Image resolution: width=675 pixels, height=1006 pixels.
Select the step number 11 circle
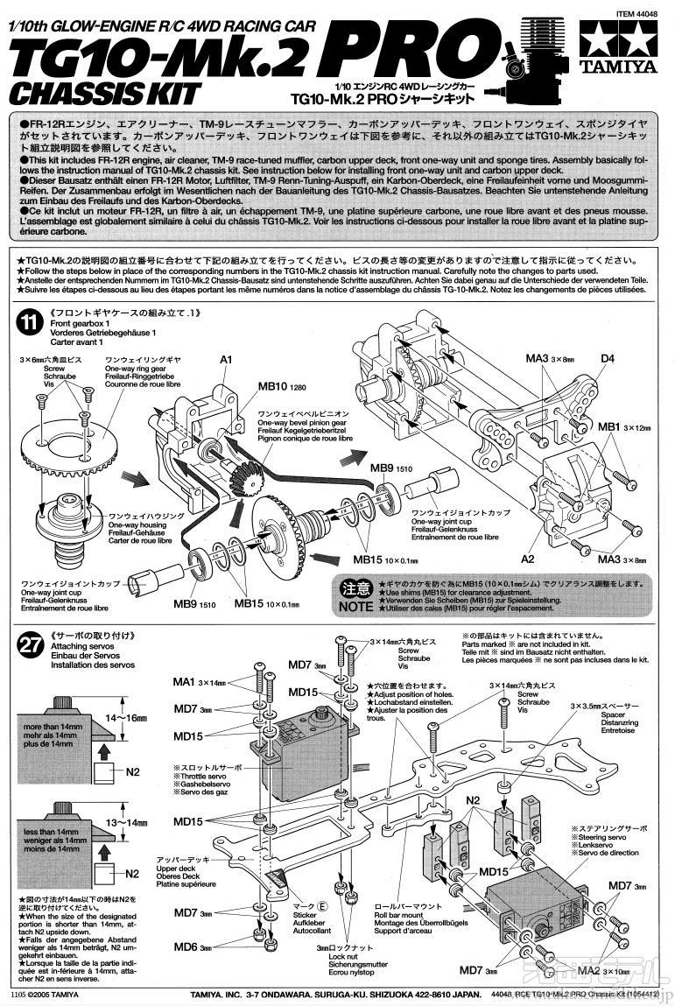[30, 321]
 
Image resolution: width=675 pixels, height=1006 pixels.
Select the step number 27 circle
[30, 644]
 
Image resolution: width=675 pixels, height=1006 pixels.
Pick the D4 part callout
[607, 357]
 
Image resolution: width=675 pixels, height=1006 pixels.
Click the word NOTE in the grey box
[355, 605]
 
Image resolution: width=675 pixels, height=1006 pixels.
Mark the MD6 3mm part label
[193, 947]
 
